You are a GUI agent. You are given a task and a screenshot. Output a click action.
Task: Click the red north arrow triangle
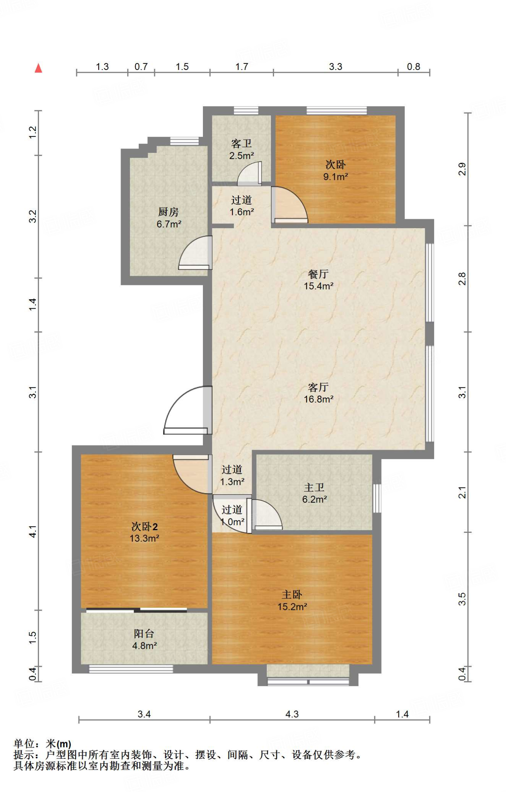pos(38,68)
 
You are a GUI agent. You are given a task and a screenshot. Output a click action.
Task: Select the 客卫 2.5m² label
pos(242,150)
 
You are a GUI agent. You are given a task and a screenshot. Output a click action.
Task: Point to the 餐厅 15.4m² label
pos(319,280)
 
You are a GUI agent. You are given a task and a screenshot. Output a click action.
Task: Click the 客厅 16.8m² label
pos(319,393)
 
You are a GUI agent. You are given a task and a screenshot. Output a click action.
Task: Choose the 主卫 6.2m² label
pos(314,493)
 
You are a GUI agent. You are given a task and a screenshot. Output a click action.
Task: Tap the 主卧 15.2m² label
pos(292,601)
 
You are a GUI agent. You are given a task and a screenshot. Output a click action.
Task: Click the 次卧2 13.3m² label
pos(144,532)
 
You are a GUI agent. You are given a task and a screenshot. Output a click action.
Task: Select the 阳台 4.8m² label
pos(144,639)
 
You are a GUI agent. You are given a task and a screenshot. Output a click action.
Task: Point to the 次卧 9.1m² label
pos(336,171)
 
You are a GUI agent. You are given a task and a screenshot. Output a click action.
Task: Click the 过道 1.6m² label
pos(242,206)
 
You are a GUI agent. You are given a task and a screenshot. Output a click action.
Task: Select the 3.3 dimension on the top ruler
pos(336,67)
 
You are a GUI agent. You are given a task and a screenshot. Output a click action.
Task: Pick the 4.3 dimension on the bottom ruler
pos(292,714)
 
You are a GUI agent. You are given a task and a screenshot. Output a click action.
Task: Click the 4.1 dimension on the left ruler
pos(33,531)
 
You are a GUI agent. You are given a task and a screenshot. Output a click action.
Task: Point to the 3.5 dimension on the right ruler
pos(462,599)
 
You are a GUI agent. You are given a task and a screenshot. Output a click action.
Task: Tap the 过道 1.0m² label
pos(232,515)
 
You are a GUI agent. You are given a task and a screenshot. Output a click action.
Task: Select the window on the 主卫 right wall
pos(377,498)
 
